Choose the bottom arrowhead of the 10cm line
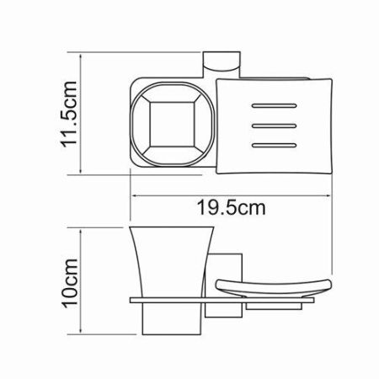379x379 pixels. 82,335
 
